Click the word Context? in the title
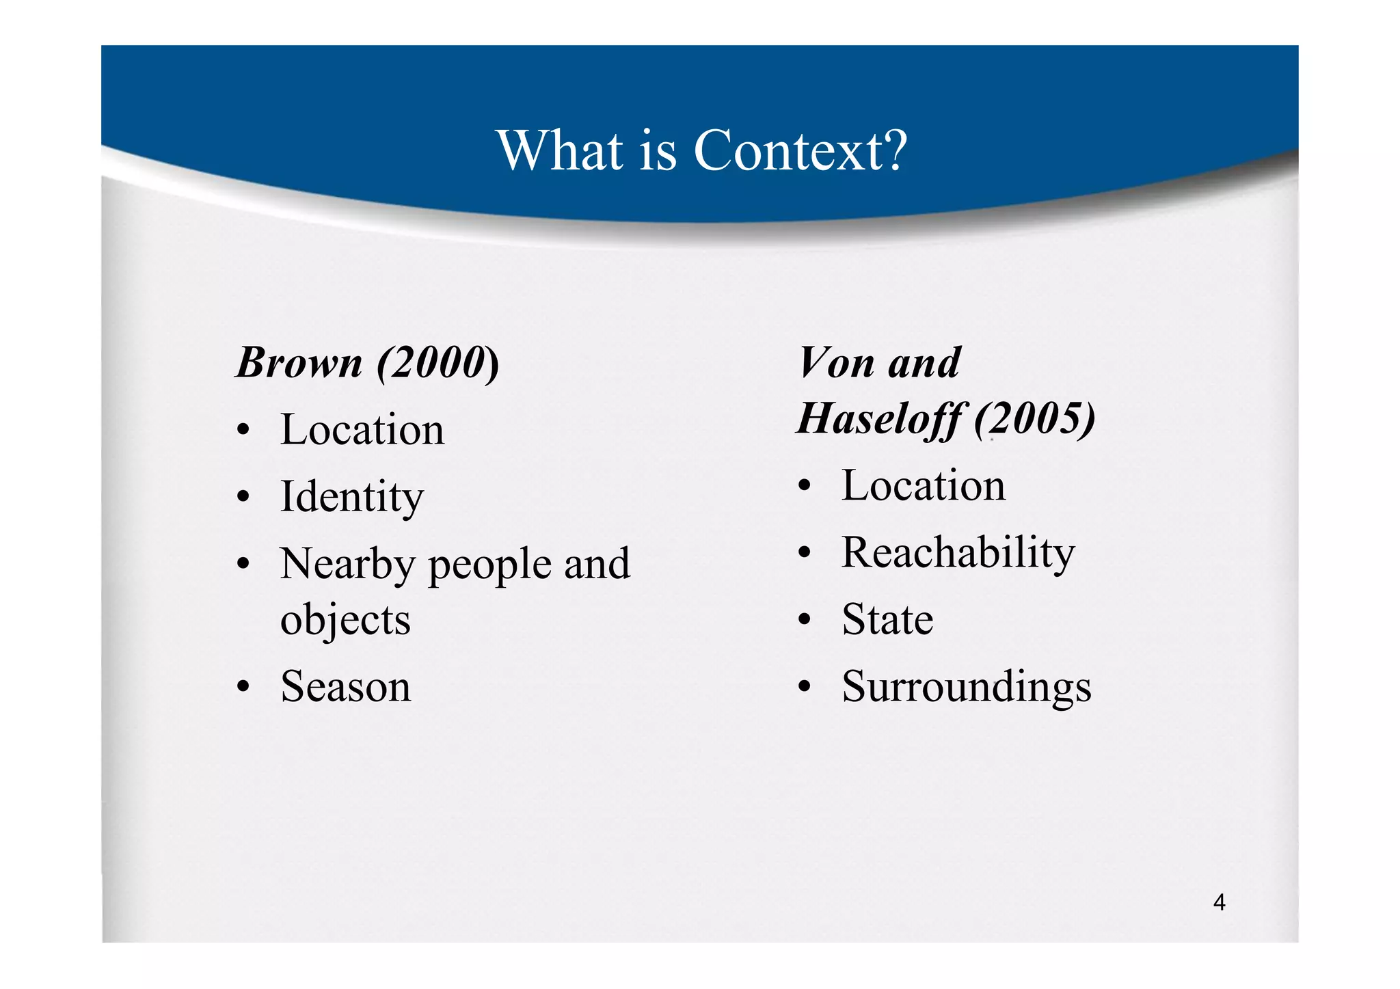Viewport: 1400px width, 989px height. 800,150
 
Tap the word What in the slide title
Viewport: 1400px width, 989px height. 560,150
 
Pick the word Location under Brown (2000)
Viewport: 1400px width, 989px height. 362,430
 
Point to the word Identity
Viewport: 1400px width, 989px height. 352,497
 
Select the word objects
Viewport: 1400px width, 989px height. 345,621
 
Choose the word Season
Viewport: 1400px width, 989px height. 346,686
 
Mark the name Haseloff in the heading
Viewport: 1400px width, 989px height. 880,418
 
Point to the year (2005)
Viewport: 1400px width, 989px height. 1035,418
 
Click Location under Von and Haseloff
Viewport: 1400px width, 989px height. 924,486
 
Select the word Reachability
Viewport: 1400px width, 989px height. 958,553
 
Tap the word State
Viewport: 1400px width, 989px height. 887,620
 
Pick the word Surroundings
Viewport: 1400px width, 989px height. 967,687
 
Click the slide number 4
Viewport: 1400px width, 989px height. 1219,903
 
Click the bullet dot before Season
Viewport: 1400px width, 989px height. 243,688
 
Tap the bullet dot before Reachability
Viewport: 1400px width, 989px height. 805,552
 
